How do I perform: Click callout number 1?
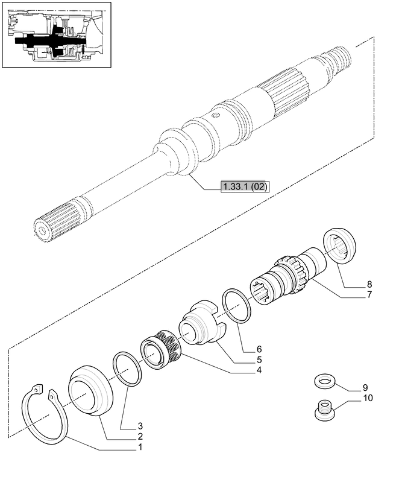pyautogui.click(x=140, y=448)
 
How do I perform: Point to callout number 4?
pyautogui.click(x=258, y=370)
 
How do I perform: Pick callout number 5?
pyautogui.click(x=258, y=359)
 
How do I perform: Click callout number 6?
pyautogui.click(x=258, y=349)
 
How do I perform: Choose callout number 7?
pyautogui.click(x=369, y=295)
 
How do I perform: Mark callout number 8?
pyautogui.click(x=369, y=284)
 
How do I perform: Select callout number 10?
pyautogui.click(x=367, y=398)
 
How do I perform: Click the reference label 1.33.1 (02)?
pyautogui.click(x=245, y=187)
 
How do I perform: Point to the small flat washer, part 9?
pyautogui.click(x=324, y=381)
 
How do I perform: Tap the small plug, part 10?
pyautogui.click(x=324, y=411)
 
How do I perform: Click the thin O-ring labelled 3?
pyautogui.click(x=127, y=369)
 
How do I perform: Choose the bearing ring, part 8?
pyautogui.click(x=341, y=246)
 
